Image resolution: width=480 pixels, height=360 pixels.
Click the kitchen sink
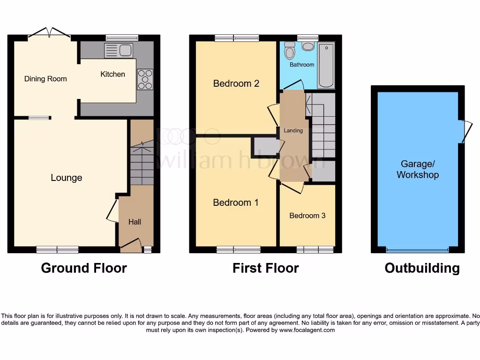(119, 50)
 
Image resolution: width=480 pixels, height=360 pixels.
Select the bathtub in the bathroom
(326, 65)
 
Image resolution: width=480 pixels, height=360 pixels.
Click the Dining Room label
(45, 79)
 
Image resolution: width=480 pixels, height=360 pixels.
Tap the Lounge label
(66, 178)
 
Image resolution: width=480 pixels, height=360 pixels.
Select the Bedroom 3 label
(307, 216)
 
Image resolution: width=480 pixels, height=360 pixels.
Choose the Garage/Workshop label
(417, 170)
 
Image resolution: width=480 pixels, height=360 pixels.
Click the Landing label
(293, 131)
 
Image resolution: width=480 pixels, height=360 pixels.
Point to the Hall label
(135, 222)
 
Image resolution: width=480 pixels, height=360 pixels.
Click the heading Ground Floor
(84, 268)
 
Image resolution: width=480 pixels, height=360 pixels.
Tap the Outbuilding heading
(422, 268)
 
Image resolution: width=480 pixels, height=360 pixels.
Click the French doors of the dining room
(49, 33)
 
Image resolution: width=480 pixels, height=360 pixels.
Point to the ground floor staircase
(142, 164)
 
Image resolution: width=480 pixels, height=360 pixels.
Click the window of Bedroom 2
(237, 38)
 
